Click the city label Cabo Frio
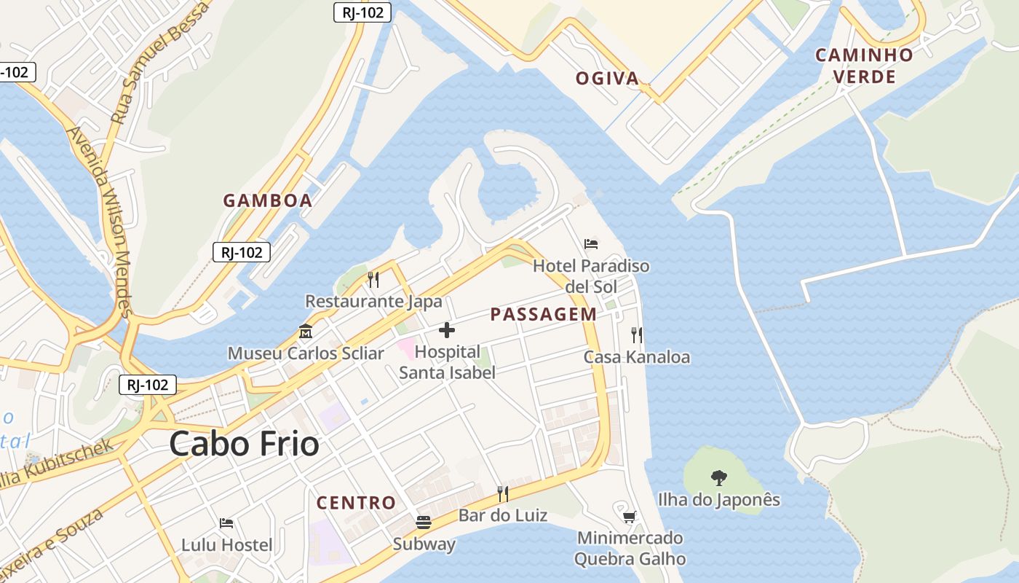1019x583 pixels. click(x=244, y=444)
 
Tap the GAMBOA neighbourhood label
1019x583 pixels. click(x=267, y=200)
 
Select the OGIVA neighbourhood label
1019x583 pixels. click(x=607, y=79)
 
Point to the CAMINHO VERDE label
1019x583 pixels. click(x=864, y=66)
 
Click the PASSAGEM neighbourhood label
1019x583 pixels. click(x=543, y=315)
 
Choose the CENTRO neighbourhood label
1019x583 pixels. click(x=356, y=503)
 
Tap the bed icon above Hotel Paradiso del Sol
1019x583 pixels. click(x=591, y=243)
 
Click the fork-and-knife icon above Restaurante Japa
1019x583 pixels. click(x=373, y=279)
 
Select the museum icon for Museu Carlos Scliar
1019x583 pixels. click(x=306, y=332)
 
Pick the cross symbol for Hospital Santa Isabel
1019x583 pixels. click(x=447, y=331)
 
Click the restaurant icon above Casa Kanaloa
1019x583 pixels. click(x=637, y=335)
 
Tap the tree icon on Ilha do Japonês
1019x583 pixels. click(x=718, y=478)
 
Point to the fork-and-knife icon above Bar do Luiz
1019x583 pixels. click(x=502, y=494)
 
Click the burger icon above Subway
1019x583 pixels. click(x=424, y=522)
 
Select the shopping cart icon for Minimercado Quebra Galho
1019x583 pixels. click(x=630, y=517)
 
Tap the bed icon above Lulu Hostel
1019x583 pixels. click(x=226, y=523)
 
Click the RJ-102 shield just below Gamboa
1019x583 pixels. click(x=242, y=252)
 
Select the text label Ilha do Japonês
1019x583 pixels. click(x=718, y=500)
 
